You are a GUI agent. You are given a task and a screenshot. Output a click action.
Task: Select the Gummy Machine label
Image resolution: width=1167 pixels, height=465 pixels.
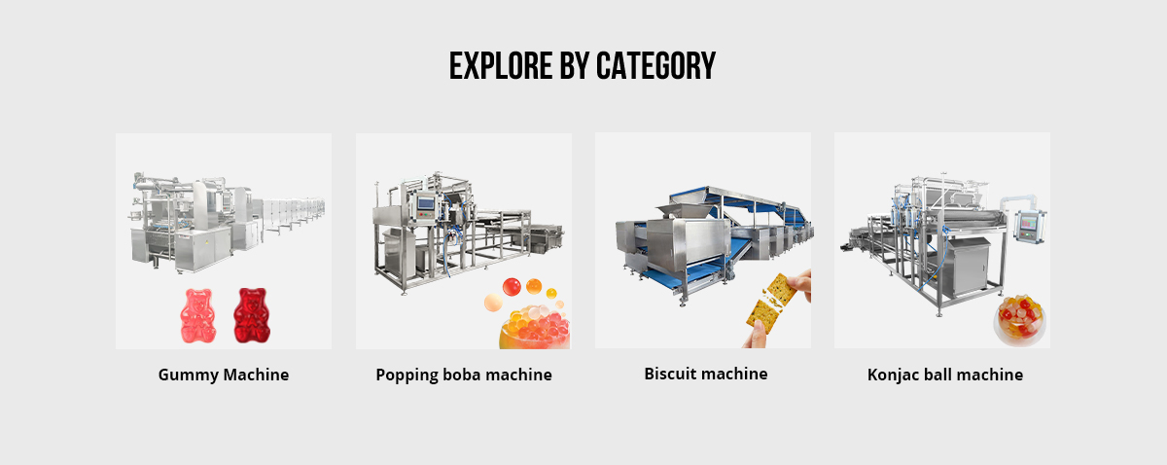[x=224, y=375]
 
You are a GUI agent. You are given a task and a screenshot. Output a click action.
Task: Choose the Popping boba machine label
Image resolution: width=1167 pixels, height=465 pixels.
[x=464, y=375]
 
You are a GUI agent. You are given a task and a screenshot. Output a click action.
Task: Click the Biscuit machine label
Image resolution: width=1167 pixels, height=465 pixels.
[x=705, y=374]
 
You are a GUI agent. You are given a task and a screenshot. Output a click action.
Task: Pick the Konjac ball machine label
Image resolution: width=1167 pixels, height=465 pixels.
[x=944, y=375]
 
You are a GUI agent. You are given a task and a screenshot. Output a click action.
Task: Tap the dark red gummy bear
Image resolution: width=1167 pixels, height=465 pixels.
[x=251, y=315]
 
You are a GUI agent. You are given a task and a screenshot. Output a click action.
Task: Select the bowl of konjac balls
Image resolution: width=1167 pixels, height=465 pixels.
[x=1018, y=320]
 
